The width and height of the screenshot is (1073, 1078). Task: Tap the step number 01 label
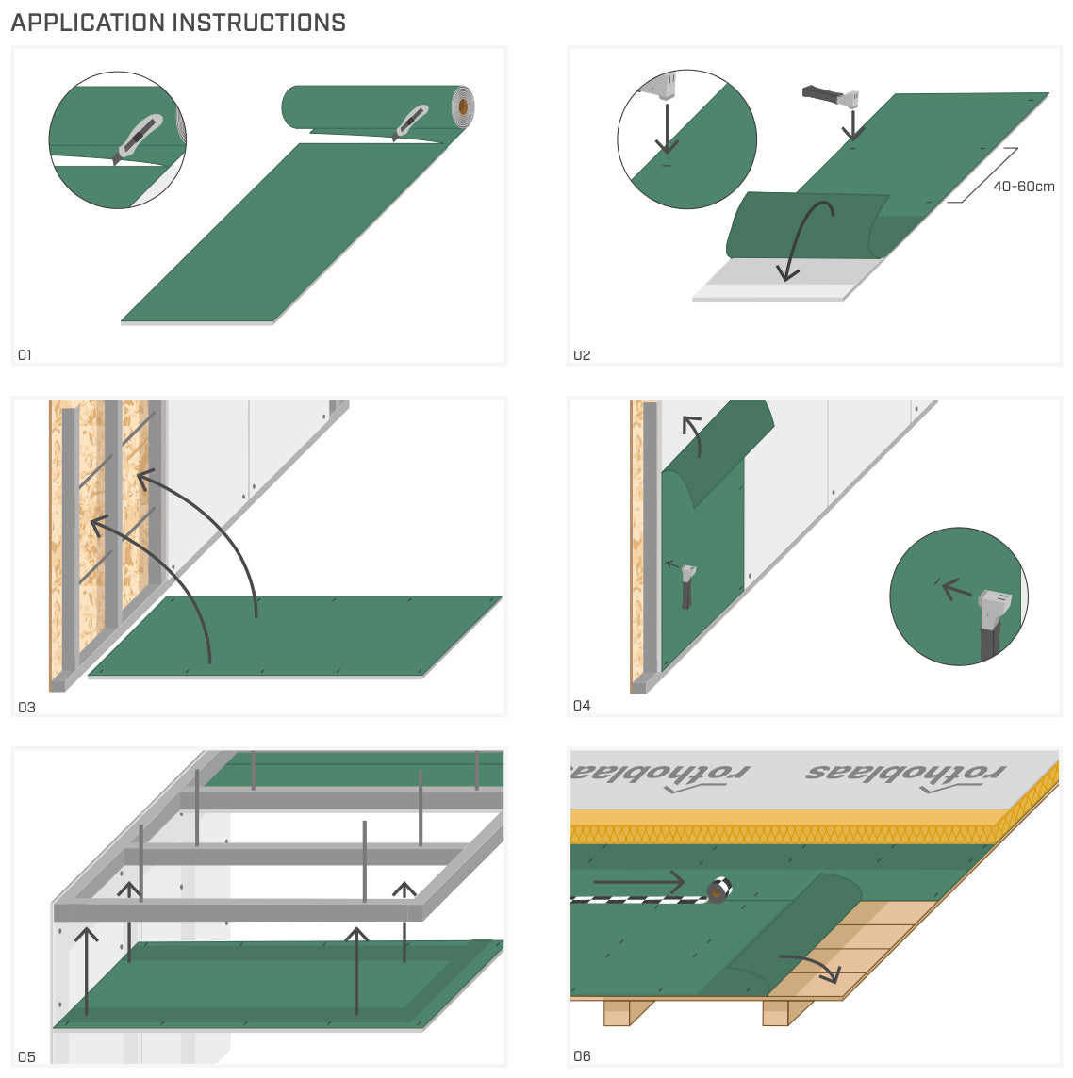(25, 355)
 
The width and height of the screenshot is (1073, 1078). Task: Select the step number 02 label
(582, 355)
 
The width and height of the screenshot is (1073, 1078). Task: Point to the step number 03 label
(26, 707)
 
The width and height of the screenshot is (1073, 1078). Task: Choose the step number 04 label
(582, 706)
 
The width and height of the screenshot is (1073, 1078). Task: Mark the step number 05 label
(26, 1057)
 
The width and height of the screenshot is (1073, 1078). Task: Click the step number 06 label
(582, 1056)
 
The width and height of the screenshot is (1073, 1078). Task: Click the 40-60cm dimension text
(1023, 187)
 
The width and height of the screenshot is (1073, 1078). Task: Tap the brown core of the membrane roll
(463, 107)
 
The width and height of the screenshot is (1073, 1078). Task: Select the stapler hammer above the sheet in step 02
(831, 95)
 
